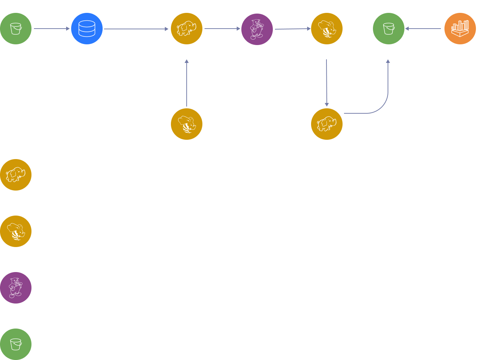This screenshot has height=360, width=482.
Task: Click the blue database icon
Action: pos(87,29)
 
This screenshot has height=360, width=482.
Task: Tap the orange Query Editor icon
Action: pos(460,29)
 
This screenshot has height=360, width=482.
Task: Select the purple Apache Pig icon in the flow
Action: pos(257,29)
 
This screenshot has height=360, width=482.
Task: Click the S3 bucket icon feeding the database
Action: pos(16,29)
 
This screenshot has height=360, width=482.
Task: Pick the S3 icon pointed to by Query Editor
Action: pos(389,29)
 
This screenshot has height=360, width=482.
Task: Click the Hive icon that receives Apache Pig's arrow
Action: pos(327,29)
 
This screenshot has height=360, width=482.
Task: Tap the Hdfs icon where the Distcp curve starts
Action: pos(327,124)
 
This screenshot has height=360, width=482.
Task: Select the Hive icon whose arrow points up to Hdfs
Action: pos(187,124)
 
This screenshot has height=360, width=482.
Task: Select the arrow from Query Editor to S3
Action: pos(424,29)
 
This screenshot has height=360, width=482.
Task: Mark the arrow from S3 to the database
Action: pos(51,29)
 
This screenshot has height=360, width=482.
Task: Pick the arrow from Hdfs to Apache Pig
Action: pos(222,29)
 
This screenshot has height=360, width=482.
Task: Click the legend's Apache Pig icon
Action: pos(16,288)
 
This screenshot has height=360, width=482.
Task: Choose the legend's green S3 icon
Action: pos(16,344)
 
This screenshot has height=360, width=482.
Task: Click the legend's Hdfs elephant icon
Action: pos(16,175)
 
